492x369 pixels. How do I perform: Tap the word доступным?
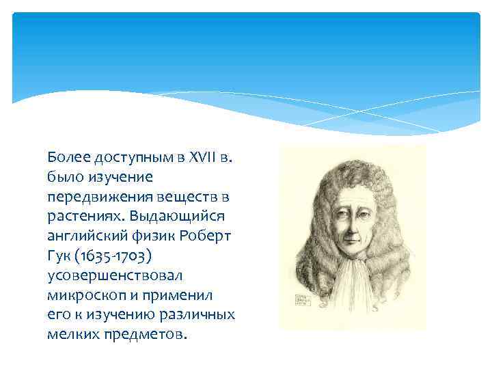[127, 159]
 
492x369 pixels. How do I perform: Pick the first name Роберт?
[207, 236]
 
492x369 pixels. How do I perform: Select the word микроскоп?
[81, 296]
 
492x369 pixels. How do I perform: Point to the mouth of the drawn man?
[353, 244]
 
